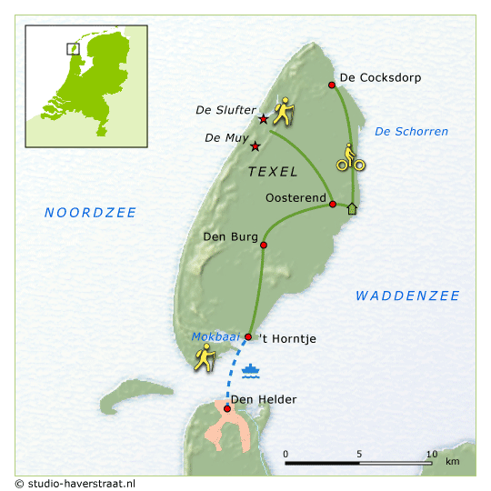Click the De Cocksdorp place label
pos(380,77)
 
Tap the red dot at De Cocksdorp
pos(332,85)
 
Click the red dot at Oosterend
pos(333,205)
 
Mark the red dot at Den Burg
pos(264,245)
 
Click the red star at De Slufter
pos(264,119)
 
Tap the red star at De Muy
pos(256,146)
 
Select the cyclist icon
pos(350,157)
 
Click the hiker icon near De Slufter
pos(285,111)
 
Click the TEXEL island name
pos(273,171)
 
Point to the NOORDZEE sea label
pos(91,213)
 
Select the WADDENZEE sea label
pos(407,296)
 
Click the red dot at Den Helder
pos(226,408)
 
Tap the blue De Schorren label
pos(411,132)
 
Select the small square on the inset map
pos(73,48)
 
